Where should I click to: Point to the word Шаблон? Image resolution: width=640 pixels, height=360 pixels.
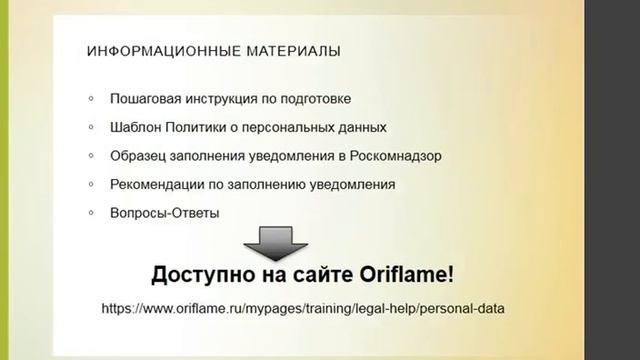[136, 128]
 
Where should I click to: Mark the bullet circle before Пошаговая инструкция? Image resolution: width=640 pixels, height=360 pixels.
[91, 99]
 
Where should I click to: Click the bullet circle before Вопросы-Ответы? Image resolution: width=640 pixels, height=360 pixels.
[91, 213]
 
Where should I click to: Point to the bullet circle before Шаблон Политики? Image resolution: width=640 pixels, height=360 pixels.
[91, 128]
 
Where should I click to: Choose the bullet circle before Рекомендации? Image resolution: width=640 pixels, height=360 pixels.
[91, 185]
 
